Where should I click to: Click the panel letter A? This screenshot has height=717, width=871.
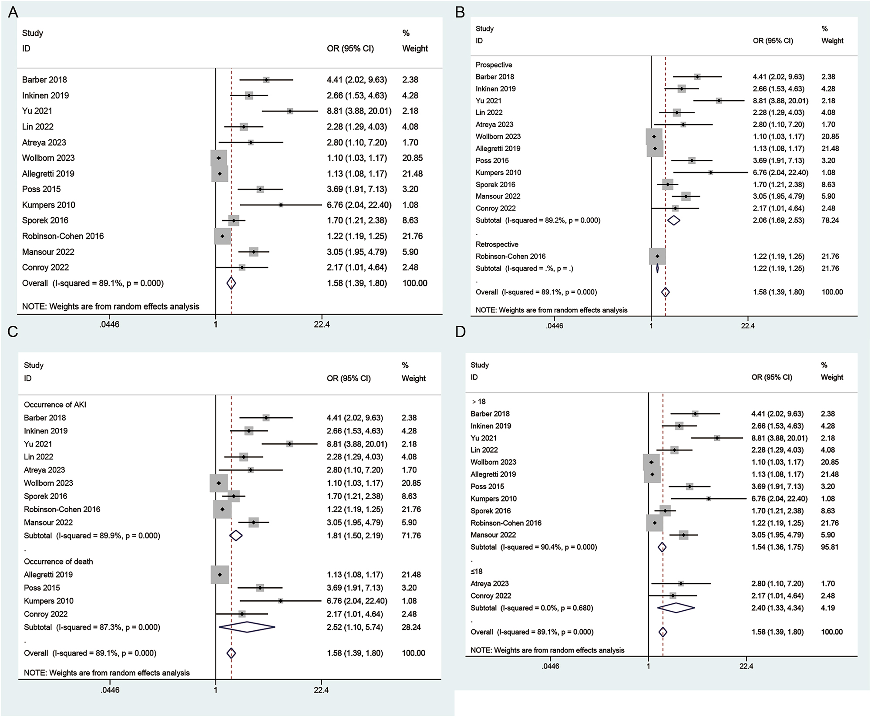pos(13,12)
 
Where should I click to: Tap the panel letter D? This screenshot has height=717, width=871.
pos(460,331)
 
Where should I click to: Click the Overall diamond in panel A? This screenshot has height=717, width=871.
pos(231,283)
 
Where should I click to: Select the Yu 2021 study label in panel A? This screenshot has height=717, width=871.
pos(37,111)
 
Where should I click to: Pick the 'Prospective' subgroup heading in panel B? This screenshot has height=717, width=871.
pos(494,65)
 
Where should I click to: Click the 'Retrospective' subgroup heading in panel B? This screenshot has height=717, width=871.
pos(497,244)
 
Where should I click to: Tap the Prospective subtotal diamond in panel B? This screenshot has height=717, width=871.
pos(673,220)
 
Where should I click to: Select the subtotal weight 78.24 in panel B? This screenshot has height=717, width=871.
pos(830,220)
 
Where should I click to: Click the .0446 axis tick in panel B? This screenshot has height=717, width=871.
pos(554,325)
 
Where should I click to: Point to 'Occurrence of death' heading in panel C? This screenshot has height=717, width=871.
pos(58,561)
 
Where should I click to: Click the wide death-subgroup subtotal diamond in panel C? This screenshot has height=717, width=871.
pos(247,627)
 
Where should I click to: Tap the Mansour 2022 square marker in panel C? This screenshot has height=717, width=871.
pos(253,522)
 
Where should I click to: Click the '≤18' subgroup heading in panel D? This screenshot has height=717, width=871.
pos(476,572)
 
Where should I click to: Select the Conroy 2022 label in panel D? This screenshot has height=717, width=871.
pos(490,595)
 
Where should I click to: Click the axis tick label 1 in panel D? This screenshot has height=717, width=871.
pos(648,666)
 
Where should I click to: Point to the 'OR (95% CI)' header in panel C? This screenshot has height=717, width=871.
pos(349,378)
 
